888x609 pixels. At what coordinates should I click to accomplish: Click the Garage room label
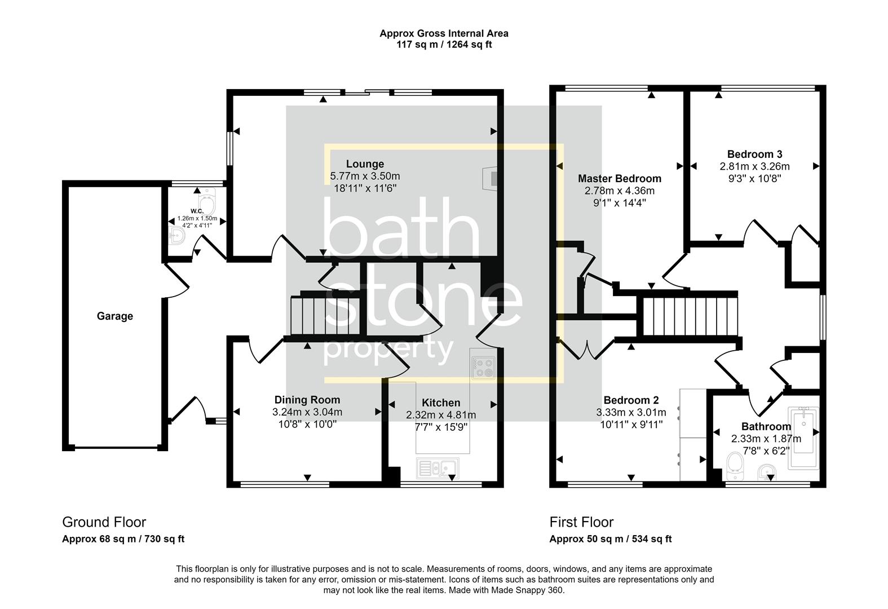pos(114,316)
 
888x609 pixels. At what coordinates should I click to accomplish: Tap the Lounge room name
pos(365,164)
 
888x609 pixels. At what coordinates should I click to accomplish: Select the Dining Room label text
pos(307,400)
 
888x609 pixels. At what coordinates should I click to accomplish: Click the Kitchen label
pos(441,403)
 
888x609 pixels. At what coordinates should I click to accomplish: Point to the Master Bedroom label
pos(619,179)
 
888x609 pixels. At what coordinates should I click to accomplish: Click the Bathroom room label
pos(766,426)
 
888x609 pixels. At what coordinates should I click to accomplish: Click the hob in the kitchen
pos(483,368)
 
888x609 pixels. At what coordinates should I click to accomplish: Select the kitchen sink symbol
pos(438,467)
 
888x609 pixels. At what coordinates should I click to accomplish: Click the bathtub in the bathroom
pos(804,437)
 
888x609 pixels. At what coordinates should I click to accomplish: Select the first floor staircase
pos(690,316)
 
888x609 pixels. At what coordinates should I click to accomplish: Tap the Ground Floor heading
pos(104,522)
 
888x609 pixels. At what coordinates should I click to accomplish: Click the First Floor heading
pos(581,522)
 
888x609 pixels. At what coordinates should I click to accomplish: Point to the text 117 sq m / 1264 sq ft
pos(443,45)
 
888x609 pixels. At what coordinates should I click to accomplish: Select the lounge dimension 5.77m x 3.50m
pos(365,176)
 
